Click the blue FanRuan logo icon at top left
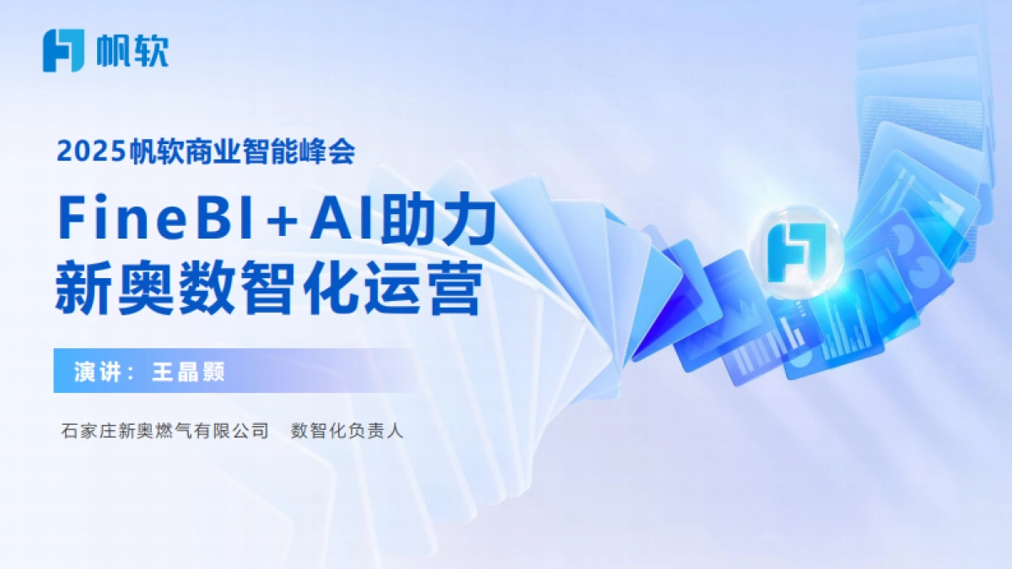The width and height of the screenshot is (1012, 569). (x=63, y=51)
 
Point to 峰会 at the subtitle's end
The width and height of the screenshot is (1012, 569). (x=334, y=152)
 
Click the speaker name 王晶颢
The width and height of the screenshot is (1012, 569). (x=187, y=372)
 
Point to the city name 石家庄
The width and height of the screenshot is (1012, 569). (x=87, y=432)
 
